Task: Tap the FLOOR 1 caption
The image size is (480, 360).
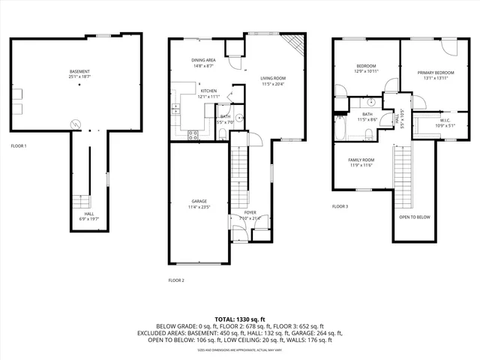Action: pyautogui.click(x=19, y=145)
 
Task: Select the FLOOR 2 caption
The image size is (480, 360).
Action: pyautogui.click(x=176, y=280)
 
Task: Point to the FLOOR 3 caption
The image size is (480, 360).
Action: pyautogui.click(x=340, y=205)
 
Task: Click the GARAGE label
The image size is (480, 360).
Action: pyautogui.click(x=199, y=201)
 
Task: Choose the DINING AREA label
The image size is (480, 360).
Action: pyautogui.click(x=204, y=60)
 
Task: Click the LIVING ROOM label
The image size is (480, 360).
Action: pyautogui.click(x=273, y=77)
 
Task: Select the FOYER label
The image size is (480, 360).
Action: pyautogui.click(x=250, y=213)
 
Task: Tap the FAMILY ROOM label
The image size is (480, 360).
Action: pyautogui.click(x=361, y=160)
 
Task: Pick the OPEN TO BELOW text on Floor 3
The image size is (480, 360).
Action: pyautogui.click(x=414, y=217)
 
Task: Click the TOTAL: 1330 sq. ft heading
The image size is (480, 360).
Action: pyautogui.click(x=240, y=319)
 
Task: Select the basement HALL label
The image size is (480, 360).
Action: pyautogui.click(x=89, y=214)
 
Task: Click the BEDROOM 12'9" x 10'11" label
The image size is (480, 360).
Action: pyautogui.click(x=366, y=67)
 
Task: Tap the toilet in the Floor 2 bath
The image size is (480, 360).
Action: pyautogui.click(x=223, y=133)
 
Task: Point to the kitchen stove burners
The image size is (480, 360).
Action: pyautogui.click(x=193, y=135)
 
